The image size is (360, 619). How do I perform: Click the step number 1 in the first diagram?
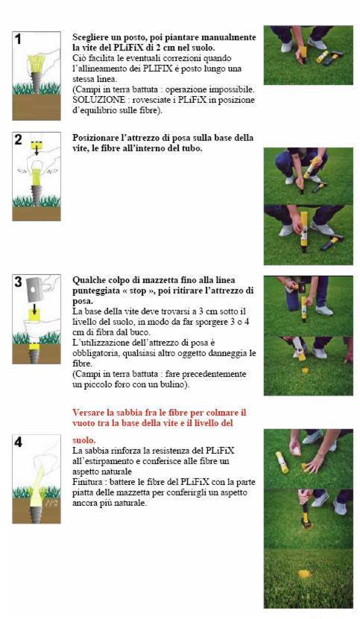click(x=19, y=38)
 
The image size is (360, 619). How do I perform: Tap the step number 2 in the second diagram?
click(x=19, y=139)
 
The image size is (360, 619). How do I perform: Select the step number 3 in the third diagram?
click(x=19, y=282)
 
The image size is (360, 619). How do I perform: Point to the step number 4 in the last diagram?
click(x=19, y=441)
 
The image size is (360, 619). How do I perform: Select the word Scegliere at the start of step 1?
click(x=92, y=36)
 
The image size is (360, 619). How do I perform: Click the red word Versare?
click(x=90, y=412)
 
